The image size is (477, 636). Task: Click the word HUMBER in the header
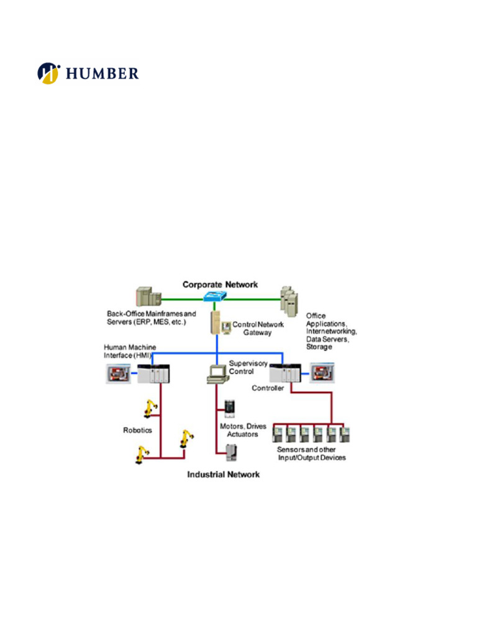[x=102, y=74]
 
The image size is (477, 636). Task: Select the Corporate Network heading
[x=220, y=284]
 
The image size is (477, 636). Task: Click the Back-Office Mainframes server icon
[x=148, y=298]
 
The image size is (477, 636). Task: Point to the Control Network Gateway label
[x=258, y=329]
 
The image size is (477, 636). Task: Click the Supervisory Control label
[x=242, y=367]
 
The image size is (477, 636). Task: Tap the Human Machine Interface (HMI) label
[x=129, y=351]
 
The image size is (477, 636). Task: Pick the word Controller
[x=268, y=388]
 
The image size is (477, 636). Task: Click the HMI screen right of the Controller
[x=324, y=373]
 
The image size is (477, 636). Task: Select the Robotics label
[x=137, y=430]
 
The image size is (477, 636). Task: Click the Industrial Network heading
[x=224, y=475]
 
